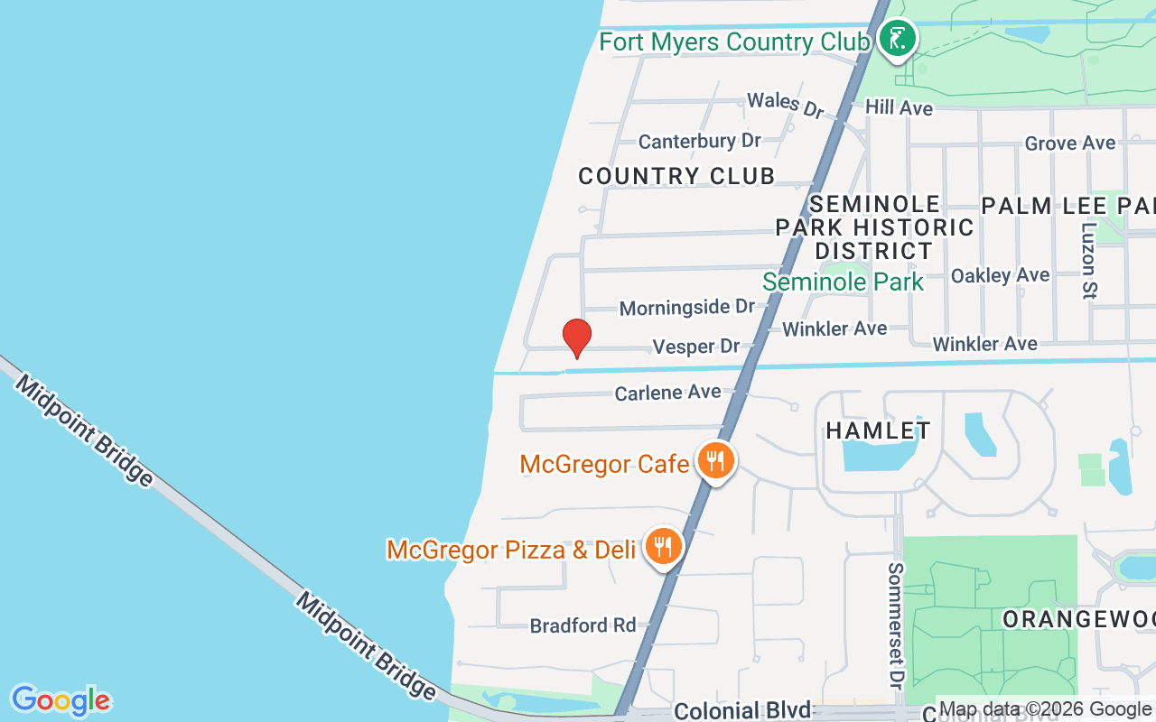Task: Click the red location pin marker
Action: point(576,338)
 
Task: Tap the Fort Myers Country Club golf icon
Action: point(897,39)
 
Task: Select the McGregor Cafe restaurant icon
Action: point(715,461)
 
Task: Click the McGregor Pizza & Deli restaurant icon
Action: point(664,546)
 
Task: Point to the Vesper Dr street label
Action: point(695,347)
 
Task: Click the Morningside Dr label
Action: point(686,308)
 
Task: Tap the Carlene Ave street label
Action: point(667,393)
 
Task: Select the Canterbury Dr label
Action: point(699,141)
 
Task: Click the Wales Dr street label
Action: point(786,104)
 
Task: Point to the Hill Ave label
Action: point(899,107)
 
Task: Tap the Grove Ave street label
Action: point(1070,143)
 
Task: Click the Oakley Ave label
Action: point(1000,275)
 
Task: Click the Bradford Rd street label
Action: point(583,625)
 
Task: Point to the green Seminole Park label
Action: point(843,282)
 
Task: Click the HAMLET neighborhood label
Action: point(878,430)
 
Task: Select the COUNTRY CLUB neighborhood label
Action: point(676,176)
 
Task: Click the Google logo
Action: point(61,700)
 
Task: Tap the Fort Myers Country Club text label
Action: point(734,42)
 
